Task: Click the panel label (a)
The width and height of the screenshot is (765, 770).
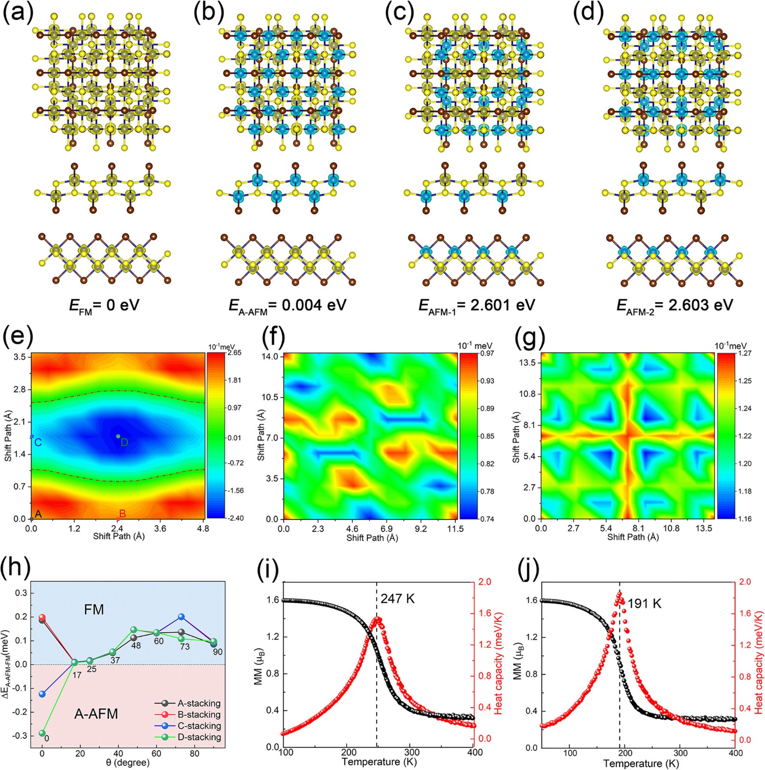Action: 18,13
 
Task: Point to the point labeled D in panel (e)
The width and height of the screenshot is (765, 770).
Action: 118,436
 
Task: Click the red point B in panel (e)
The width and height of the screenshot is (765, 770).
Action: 118,519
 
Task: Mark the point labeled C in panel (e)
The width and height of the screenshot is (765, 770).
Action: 32,436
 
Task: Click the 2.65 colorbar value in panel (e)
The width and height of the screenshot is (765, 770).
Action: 235,353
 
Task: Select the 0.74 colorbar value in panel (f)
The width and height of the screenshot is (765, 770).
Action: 487,519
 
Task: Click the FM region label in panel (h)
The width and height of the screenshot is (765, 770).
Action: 94,610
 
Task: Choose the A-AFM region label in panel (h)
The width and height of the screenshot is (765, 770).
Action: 96,714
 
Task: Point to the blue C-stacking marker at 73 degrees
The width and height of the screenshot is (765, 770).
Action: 182,617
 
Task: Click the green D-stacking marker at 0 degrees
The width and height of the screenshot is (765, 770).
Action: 42,733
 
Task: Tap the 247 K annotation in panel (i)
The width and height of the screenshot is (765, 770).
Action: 397,599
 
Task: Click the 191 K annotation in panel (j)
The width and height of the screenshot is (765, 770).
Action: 645,603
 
